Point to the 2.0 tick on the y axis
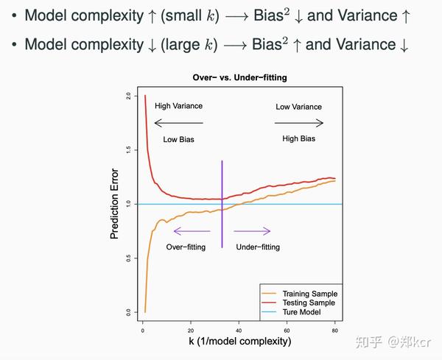(128, 96)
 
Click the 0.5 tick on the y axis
(128, 258)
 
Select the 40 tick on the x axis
(240, 329)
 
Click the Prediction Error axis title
(115, 205)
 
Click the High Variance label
(178, 106)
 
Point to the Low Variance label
(298, 107)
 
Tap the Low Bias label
(178, 138)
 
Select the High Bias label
(298, 138)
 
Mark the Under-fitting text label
(258, 247)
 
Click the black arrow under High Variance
(178, 123)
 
